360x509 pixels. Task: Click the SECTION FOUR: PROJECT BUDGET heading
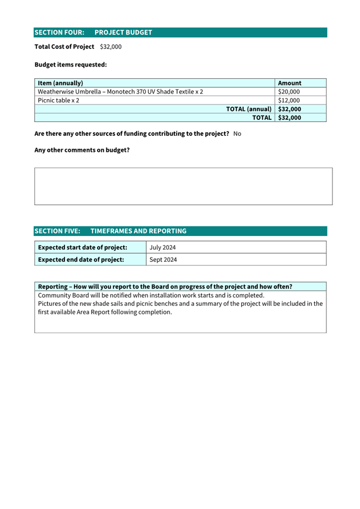click(x=93, y=33)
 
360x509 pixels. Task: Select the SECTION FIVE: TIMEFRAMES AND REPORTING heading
click(x=110, y=231)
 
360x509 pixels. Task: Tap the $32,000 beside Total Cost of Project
click(x=110, y=47)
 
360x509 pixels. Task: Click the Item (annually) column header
click(x=60, y=83)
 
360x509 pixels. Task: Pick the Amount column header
click(x=290, y=83)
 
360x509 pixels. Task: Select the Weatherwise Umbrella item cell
click(x=121, y=92)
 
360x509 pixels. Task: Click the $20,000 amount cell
click(x=289, y=92)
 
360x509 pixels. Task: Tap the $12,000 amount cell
click(x=289, y=100)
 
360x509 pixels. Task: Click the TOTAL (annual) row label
click(x=249, y=109)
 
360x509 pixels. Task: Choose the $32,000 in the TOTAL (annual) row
click(x=290, y=109)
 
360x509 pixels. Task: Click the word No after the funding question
click(x=237, y=134)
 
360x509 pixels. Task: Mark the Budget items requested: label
click(x=70, y=65)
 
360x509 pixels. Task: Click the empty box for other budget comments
click(x=183, y=186)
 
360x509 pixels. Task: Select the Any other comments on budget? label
click(x=82, y=150)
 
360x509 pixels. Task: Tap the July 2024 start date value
click(x=163, y=247)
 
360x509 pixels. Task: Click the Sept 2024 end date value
click(x=163, y=260)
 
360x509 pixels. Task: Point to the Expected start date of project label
click(x=83, y=247)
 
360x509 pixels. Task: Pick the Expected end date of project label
click(x=81, y=260)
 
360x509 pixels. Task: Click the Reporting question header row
click(x=165, y=286)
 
